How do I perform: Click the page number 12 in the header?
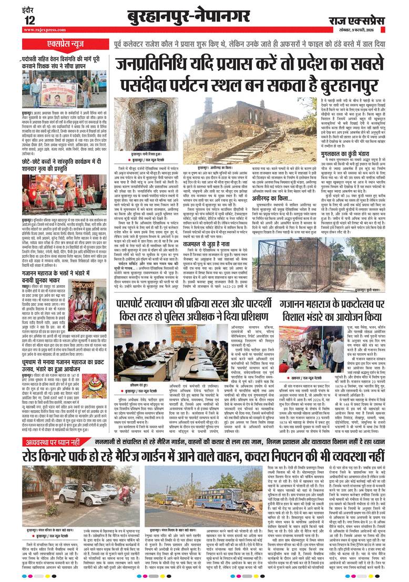click(x=29, y=20)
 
